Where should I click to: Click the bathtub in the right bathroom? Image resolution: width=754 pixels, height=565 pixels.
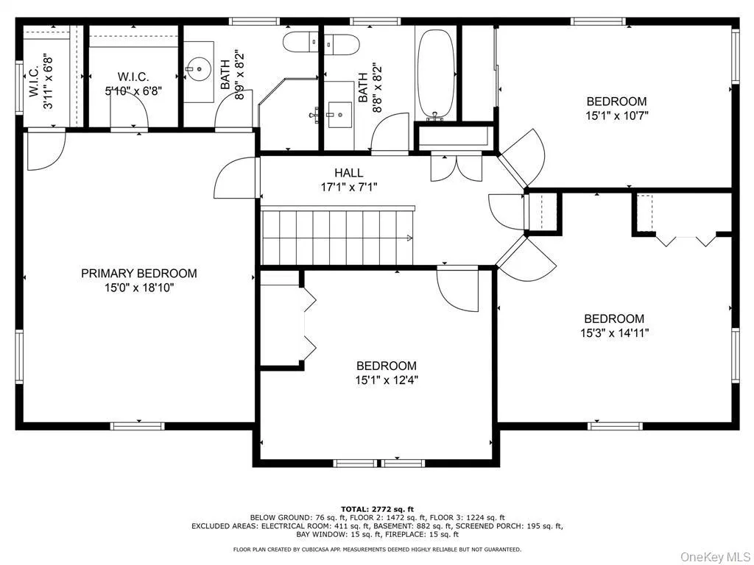[437, 74]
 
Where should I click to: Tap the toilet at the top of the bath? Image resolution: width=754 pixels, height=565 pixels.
[302, 42]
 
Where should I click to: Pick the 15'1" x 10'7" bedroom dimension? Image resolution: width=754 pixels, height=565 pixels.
[616, 115]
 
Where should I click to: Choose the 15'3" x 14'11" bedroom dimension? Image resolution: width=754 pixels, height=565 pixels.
[614, 333]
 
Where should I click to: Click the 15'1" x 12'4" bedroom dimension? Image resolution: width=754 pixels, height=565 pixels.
[387, 380]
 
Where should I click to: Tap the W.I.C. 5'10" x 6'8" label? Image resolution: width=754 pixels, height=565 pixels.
[133, 84]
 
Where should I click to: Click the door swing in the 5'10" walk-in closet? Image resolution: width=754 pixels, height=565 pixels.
[131, 110]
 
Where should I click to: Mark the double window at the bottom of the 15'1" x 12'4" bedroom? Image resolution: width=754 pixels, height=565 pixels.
[378, 463]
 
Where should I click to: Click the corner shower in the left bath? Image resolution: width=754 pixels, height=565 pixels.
[287, 110]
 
